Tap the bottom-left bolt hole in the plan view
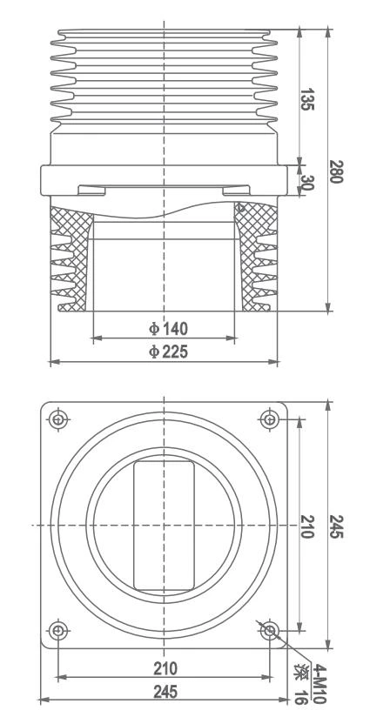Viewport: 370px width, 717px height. tap(58, 630)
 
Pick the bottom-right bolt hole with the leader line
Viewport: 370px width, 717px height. tap(270, 630)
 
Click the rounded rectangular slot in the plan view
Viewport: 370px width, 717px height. tap(164, 526)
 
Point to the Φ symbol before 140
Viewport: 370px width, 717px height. tap(151, 328)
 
